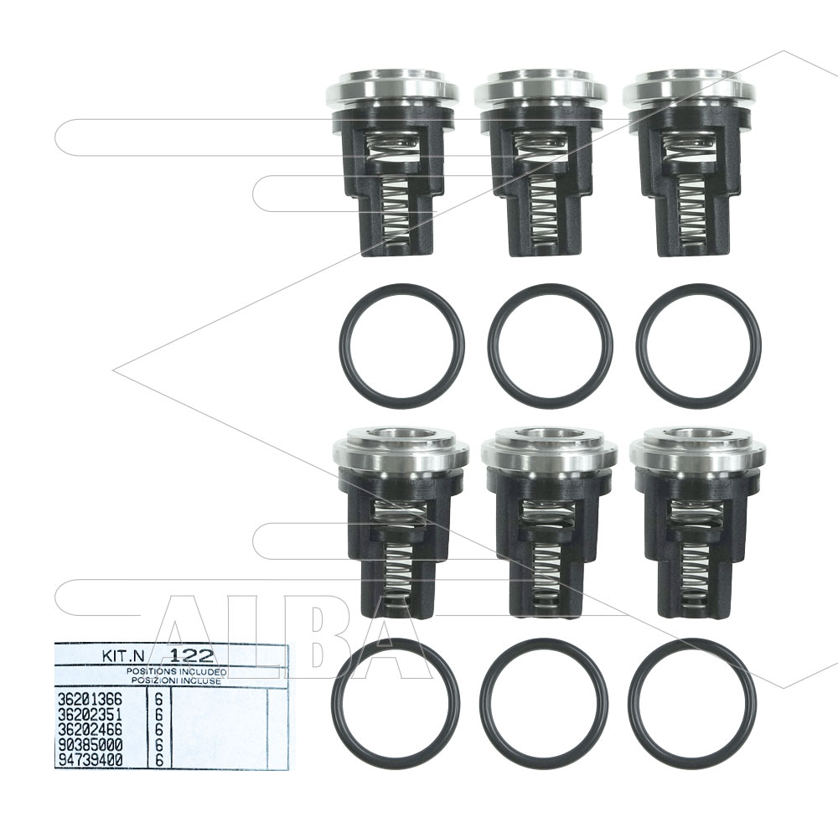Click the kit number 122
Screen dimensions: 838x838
(x=191, y=656)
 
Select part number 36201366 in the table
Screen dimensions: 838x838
(x=90, y=699)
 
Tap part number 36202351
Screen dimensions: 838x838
(x=90, y=715)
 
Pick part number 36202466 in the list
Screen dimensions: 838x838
(x=90, y=730)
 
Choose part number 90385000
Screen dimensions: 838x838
(x=90, y=744)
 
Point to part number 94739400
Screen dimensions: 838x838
(x=90, y=759)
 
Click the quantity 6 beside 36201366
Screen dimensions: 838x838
(x=158, y=699)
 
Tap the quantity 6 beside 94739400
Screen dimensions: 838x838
(x=158, y=760)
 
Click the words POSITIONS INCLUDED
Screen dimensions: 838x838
(x=176, y=671)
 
